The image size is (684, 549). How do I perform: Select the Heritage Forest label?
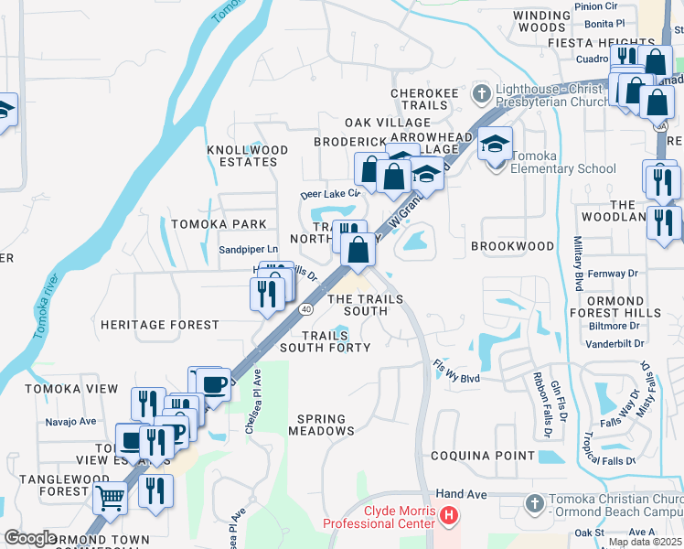point(160,325)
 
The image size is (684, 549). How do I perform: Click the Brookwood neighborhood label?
point(512,246)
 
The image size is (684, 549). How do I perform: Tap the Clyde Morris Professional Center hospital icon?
point(448,517)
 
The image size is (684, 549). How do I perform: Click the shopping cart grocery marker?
point(111,499)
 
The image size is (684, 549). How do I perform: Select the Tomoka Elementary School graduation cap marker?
point(495,145)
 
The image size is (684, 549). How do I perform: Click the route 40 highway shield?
point(306,309)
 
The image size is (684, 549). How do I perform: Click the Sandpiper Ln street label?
point(248,249)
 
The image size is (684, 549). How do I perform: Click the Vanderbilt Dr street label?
point(614,344)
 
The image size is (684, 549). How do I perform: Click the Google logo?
point(30,538)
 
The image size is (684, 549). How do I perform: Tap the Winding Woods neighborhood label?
point(540,22)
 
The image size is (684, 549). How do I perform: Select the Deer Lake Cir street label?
point(331,194)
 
